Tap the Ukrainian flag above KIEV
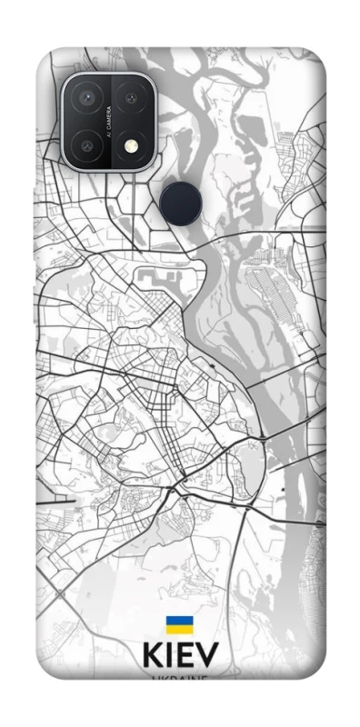[178, 625]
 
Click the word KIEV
[180, 657]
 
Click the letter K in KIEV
[152, 657]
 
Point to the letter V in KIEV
[207, 657]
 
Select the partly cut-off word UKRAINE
[179, 678]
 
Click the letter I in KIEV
[170, 657]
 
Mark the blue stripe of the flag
[178, 621]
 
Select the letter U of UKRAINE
[155, 679]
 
